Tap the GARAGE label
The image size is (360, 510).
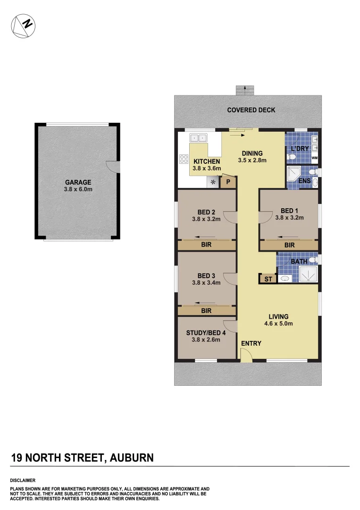click(x=78, y=182)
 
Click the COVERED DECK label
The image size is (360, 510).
click(x=251, y=110)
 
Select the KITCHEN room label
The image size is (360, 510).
click(x=207, y=161)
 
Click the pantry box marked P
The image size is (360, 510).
click(x=228, y=181)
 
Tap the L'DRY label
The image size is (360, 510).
click(x=300, y=149)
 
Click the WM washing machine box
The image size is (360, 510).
click(x=314, y=158)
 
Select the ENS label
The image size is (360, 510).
click(x=304, y=181)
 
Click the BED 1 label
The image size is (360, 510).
click(x=289, y=211)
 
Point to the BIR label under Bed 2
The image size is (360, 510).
click(x=206, y=245)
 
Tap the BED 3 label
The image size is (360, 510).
click(x=206, y=276)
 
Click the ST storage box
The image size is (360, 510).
click(x=268, y=279)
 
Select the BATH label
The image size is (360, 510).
click(x=299, y=261)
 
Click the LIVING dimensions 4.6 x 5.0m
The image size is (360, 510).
click(x=278, y=324)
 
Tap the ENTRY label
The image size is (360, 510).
click(x=251, y=343)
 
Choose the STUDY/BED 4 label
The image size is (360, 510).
click(x=206, y=332)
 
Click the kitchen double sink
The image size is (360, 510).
click(x=198, y=138)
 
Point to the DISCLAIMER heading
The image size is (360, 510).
click(x=23, y=480)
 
